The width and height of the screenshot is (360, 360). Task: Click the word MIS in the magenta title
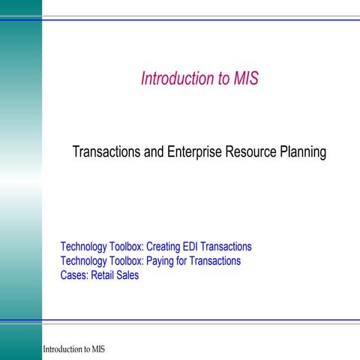pyautogui.click(x=244, y=79)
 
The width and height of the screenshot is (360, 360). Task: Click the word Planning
pyautogui.click(x=304, y=152)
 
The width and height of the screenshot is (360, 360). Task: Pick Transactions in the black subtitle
pyautogui.click(x=106, y=152)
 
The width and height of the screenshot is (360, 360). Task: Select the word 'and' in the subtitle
pyautogui.click(x=152, y=152)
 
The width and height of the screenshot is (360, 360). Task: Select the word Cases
pyautogui.click(x=74, y=275)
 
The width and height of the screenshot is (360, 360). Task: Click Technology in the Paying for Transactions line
pyautogui.click(x=84, y=261)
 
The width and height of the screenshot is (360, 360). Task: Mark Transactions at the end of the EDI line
pyautogui.click(x=227, y=247)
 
